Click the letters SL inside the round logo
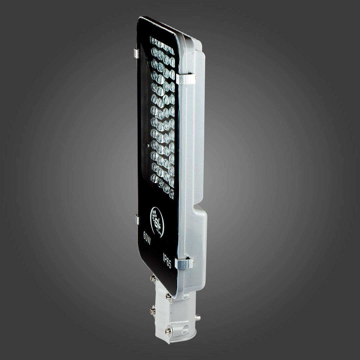tap(157, 218)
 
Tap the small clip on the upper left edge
tap(135, 53)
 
